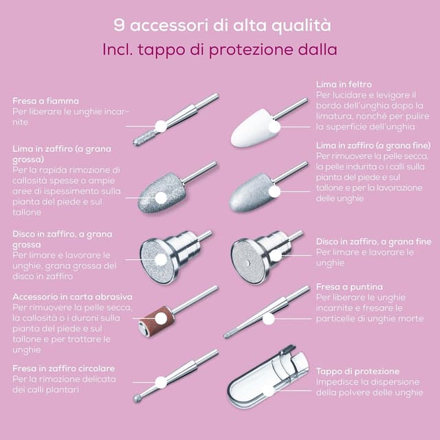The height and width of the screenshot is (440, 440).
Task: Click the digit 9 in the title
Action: [x=119, y=25]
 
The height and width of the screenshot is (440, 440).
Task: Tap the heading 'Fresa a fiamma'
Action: [x=46, y=101]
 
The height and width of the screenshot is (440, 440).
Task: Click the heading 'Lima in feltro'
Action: [x=344, y=84]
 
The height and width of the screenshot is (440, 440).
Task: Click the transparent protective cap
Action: [x=267, y=377]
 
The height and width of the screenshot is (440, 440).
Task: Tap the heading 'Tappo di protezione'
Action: [x=357, y=371]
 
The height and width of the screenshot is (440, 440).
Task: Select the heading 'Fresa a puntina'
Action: [x=349, y=287]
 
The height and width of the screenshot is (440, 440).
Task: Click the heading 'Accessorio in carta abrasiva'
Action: [x=72, y=296]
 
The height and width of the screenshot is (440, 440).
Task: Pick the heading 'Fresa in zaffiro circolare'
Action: [x=64, y=368]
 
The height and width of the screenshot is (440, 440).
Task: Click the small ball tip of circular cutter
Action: [x=137, y=398]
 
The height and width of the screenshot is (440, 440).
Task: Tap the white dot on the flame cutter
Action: [x=161, y=126]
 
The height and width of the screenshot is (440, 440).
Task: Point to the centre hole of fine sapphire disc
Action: [x=247, y=263]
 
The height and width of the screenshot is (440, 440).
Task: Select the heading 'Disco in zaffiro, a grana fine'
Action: [x=373, y=241]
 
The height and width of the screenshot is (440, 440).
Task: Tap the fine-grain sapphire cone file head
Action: [x=252, y=192]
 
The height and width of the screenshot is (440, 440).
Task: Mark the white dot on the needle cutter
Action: [x=269, y=319]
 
